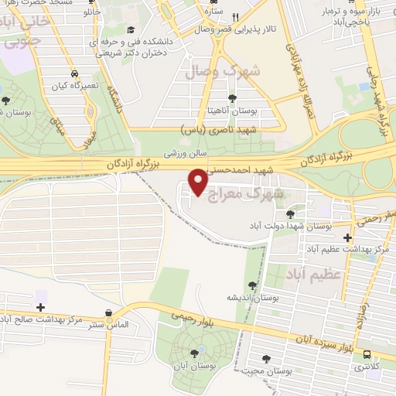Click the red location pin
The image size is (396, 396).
198,183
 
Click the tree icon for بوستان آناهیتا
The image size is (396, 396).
232,98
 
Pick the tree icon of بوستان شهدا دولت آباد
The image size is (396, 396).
291,213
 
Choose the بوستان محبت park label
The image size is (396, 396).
270,371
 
